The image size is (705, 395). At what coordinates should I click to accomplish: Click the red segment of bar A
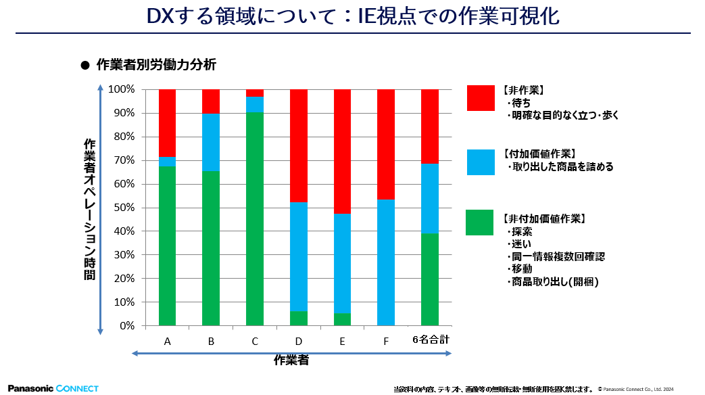pyautogui.click(x=167, y=122)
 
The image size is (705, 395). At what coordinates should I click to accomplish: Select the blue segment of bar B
pyautogui.click(x=211, y=142)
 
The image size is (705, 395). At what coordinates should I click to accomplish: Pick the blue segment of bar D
pyautogui.click(x=299, y=256)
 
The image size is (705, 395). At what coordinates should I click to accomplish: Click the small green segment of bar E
pyautogui.click(x=343, y=319)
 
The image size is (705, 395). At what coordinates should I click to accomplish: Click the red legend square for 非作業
pyautogui.click(x=480, y=97)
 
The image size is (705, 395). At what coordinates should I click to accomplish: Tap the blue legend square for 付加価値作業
pyautogui.click(x=480, y=162)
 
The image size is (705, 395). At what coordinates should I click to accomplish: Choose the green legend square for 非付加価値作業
pyautogui.click(x=480, y=223)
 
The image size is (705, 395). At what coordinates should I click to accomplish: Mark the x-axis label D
pyautogui.click(x=299, y=342)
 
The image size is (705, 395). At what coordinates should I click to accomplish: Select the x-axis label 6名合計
pyautogui.click(x=431, y=340)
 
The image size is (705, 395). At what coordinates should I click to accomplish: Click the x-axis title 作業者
pyautogui.click(x=291, y=361)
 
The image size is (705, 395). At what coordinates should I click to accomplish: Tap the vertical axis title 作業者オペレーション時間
pyautogui.click(x=89, y=210)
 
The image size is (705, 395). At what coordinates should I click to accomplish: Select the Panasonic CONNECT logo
pyautogui.click(x=53, y=388)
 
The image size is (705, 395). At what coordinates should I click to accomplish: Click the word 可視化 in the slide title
pyautogui.click(x=533, y=16)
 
